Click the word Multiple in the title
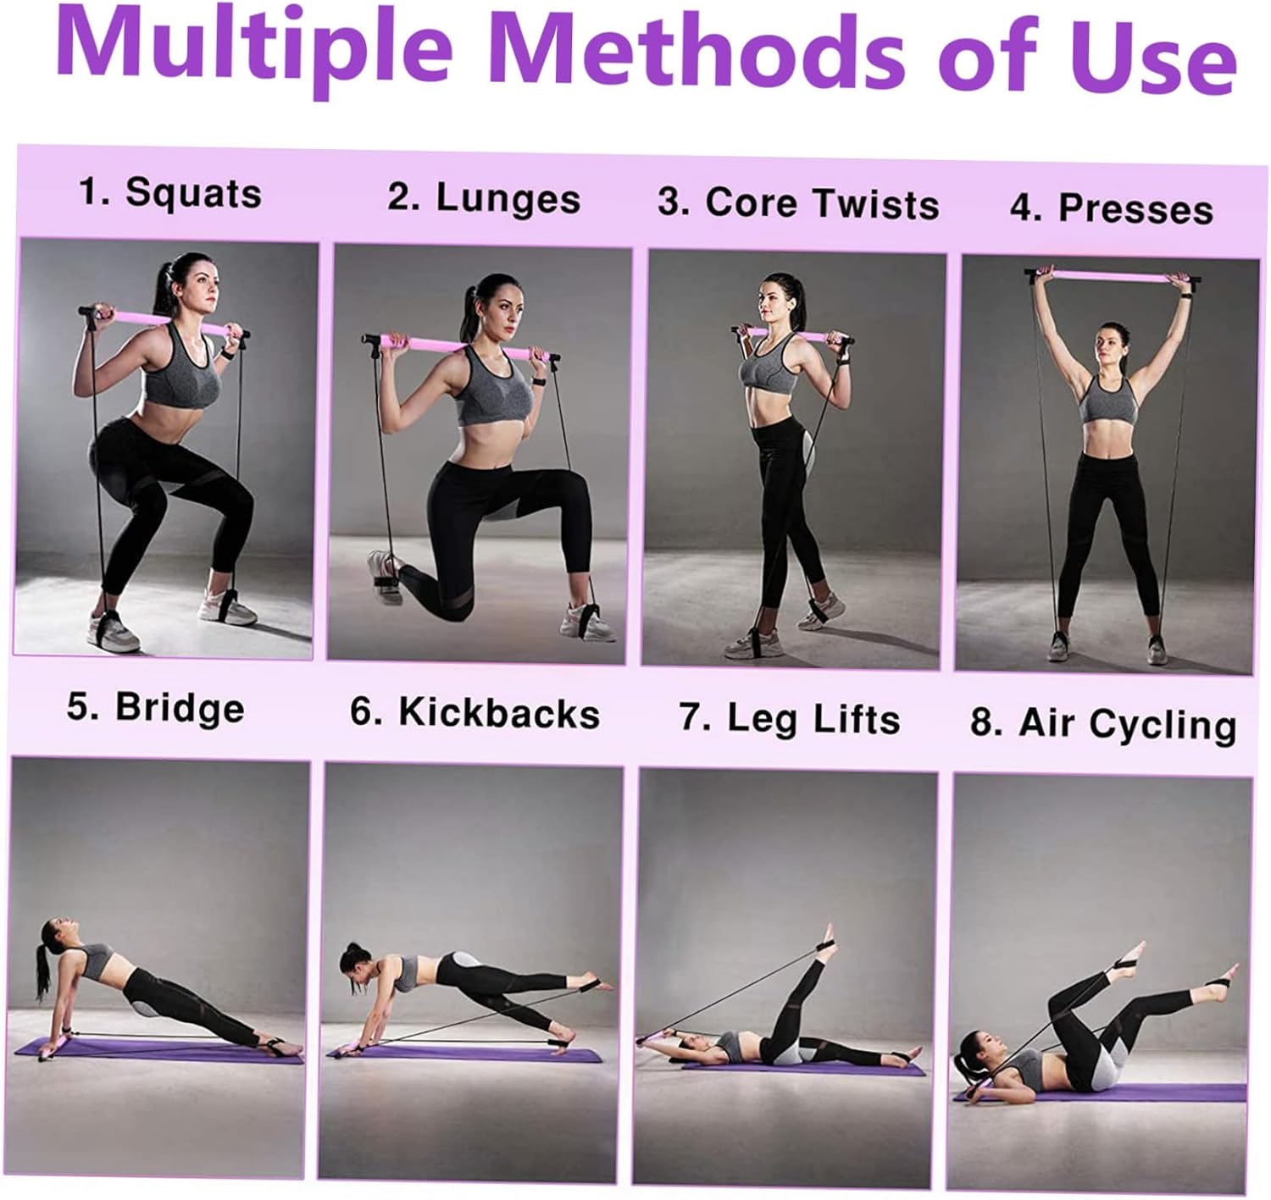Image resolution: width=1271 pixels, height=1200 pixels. pos(255,51)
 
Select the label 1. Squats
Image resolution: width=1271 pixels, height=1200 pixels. pos(171,192)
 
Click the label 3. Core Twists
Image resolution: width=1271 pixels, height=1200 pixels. pos(798,202)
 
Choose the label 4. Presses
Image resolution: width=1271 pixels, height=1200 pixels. pos(1112,208)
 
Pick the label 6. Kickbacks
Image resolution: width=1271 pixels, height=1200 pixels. pos(475,712)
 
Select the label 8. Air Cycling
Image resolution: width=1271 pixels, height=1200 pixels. pos(1103,724)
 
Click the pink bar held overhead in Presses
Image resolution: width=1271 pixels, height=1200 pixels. pos(1113,276)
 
